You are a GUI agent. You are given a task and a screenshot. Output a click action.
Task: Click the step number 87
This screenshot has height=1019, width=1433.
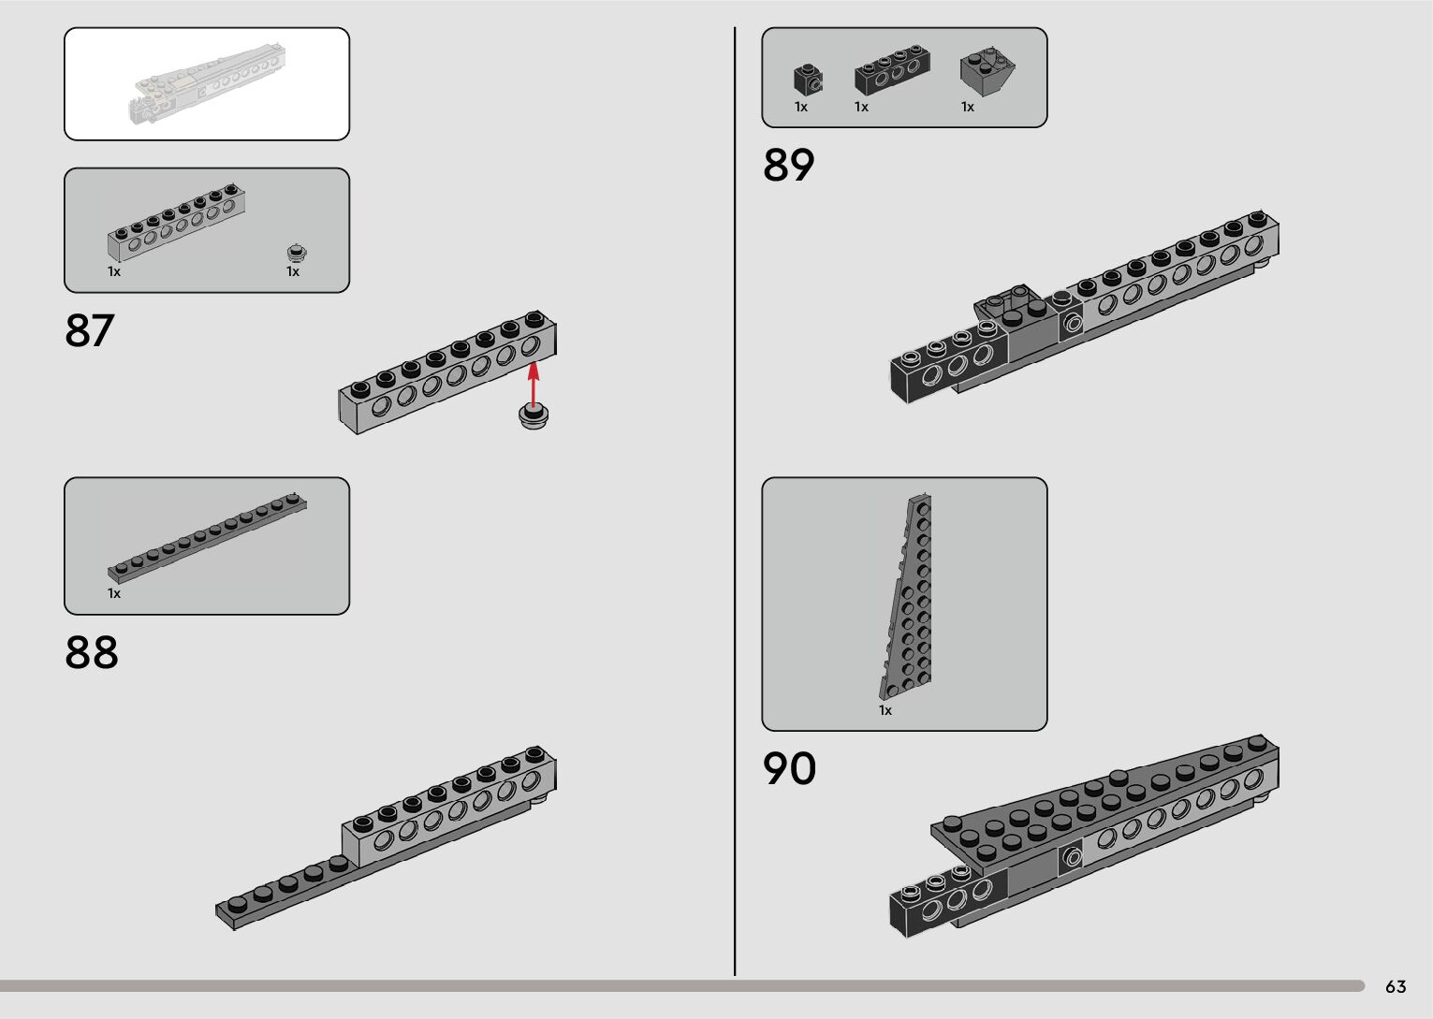click(x=89, y=330)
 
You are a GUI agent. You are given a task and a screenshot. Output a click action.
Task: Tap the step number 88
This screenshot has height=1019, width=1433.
click(x=91, y=652)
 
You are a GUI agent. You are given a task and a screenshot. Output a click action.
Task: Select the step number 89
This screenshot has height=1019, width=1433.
click(x=788, y=165)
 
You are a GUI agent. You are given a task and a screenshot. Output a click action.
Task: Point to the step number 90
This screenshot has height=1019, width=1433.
click(x=789, y=768)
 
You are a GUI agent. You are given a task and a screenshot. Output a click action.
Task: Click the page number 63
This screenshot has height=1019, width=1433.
click(x=1396, y=987)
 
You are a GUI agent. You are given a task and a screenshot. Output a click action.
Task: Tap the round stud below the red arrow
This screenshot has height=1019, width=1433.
click(x=534, y=416)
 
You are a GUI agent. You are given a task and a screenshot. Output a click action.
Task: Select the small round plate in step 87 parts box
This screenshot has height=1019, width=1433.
click(x=297, y=253)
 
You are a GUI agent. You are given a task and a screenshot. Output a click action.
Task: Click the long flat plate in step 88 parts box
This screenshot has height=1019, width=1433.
click(x=207, y=536)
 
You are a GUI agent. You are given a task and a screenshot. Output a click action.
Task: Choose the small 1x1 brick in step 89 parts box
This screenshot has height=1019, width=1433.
click(x=807, y=80)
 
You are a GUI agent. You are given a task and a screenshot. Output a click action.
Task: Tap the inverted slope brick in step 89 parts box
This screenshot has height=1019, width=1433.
click(x=987, y=71)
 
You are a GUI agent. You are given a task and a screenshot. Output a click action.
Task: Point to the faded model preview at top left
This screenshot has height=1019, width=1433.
click(x=206, y=84)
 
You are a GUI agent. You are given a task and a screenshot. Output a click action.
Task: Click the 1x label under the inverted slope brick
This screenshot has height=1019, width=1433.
click(x=968, y=108)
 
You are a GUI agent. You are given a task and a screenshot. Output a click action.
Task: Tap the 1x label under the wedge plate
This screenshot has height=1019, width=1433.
click(x=885, y=711)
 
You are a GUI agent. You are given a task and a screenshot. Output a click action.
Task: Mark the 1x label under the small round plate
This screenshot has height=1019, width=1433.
click(x=293, y=272)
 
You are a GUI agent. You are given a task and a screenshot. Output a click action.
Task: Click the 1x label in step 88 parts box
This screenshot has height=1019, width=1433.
click(x=114, y=594)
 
